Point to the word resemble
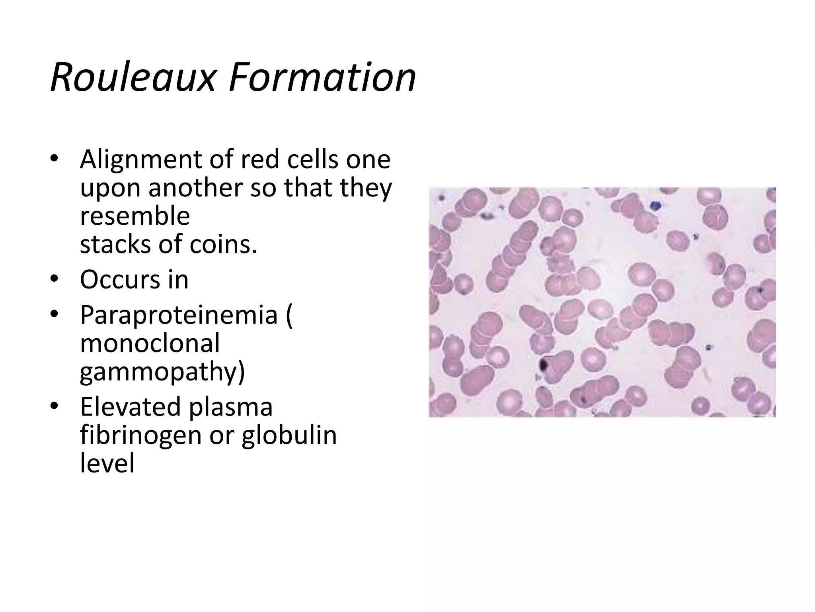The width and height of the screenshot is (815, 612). pyautogui.click(x=135, y=216)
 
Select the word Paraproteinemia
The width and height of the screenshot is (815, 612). pyautogui.click(x=179, y=315)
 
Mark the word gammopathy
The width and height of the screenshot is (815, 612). pyautogui.click(x=162, y=372)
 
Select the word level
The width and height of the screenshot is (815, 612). pyautogui.click(x=107, y=463)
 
